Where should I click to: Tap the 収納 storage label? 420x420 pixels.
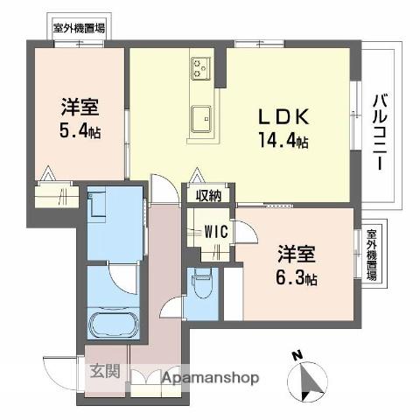(208, 195)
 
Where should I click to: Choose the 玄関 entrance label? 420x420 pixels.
(103, 370)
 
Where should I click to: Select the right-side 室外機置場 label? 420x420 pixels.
(372, 254)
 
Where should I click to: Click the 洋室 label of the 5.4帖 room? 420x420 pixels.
(79, 109)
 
